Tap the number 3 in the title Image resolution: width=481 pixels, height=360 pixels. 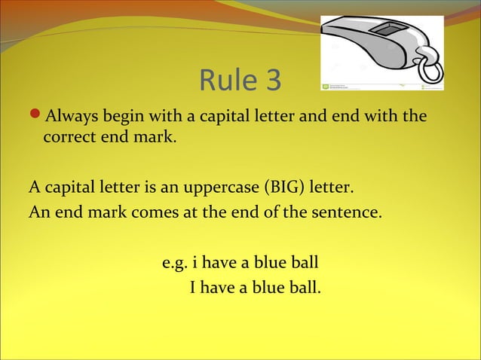click(x=271, y=81)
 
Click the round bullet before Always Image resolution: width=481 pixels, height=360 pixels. click(x=35, y=117)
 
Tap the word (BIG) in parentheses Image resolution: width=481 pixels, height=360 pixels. click(x=277, y=185)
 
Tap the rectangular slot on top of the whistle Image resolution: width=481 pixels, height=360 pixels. click(x=389, y=31)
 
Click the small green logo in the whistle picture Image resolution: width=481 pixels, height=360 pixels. click(x=326, y=87)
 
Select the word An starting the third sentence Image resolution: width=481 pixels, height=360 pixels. click(x=38, y=211)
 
